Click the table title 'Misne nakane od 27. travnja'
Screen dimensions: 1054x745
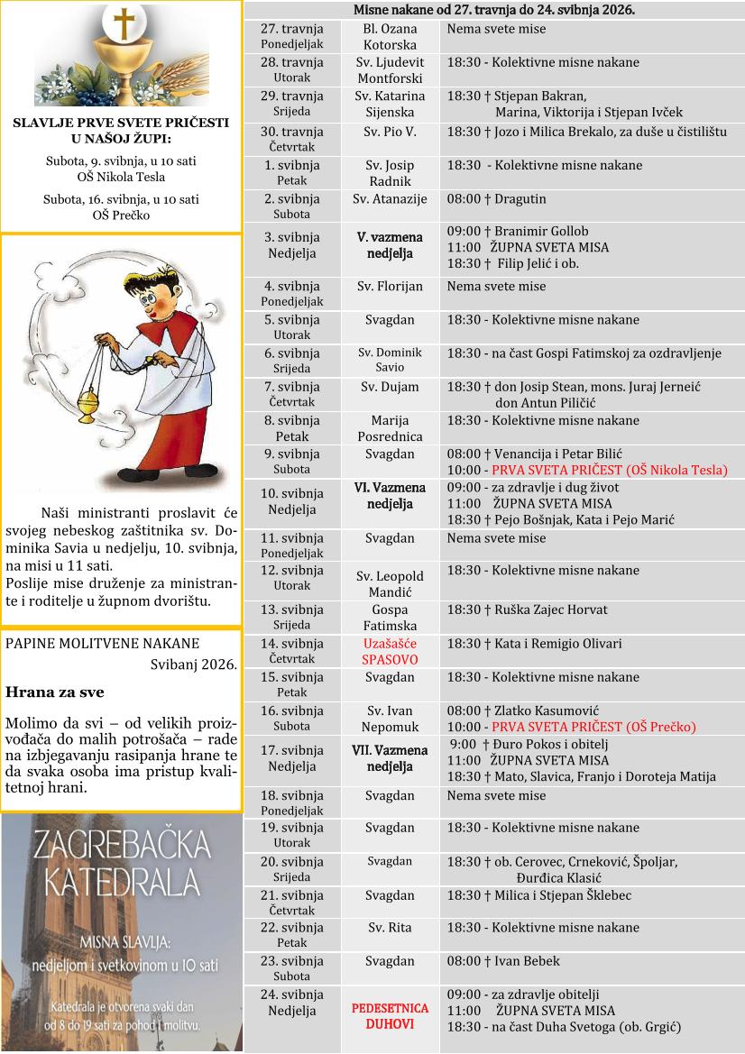pyautogui.click(x=493, y=10)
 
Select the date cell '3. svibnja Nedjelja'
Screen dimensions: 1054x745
pyautogui.click(x=291, y=244)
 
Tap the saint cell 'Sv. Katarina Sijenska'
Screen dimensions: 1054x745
pyautogui.click(x=390, y=105)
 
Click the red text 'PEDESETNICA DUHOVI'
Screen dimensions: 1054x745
pyautogui.click(x=390, y=1015)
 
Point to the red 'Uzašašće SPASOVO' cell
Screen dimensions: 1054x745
pyautogui.click(x=390, y=651)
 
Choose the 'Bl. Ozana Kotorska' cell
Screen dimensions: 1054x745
pyautogui.click(x=390, y=36)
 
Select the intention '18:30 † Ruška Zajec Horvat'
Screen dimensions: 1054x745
pyautogui.click(x=527, y=609)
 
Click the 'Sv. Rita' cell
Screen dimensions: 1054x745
pyautogui.click(x=390, y=927)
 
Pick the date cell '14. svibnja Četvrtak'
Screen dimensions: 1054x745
pyautogui.click(x=291, y=651)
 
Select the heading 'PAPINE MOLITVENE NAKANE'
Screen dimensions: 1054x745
pyautogui.click(x=102, y=643)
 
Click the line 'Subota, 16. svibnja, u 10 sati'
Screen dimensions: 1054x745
pyautogui.click(x=121, y=199)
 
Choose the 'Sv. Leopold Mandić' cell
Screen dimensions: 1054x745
pyautogui.click(x=390, y=584)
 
